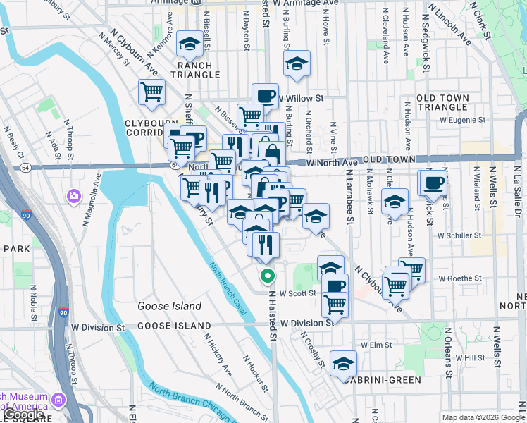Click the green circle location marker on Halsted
(x=267, y=276)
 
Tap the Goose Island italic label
(x=169, y=306)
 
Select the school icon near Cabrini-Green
(x=343, y=362)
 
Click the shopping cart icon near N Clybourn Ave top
(x=151, y=91)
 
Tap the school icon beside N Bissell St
(x=189, y=44)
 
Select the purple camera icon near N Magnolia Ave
(x=74, y=195)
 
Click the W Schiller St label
(x=459, y=236)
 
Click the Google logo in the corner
(x=24, y=415)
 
